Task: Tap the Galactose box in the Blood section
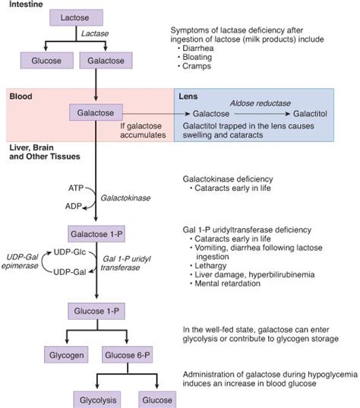point(98,112)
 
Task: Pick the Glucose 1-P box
point(98,311)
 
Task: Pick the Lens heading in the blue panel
point(188,96)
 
